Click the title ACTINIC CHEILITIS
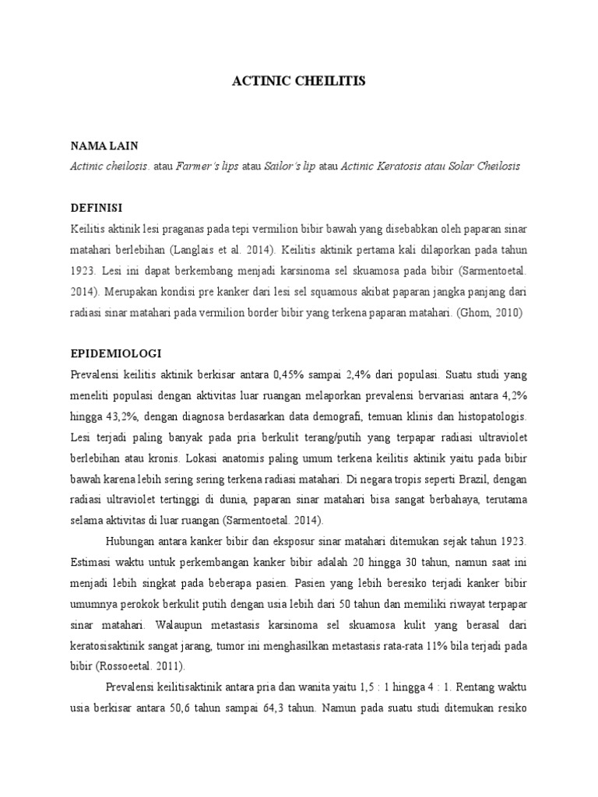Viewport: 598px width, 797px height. [x=298, y=81]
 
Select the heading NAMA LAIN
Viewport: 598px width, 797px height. [x=104, y=146]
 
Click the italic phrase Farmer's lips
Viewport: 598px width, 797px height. [x=207, y=167]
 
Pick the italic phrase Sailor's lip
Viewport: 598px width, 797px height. [x=290, y=167]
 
